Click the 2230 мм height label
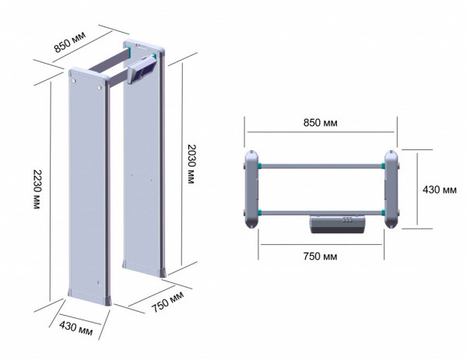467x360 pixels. click(37, 189)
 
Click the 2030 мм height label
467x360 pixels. click(191, 164)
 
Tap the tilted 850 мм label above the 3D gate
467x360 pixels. click(70, 41)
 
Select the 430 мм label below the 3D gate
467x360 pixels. click(75, 328)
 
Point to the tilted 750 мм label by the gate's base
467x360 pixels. click(167, 302)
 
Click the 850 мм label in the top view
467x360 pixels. click(321, 123)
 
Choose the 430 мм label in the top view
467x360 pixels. click(439, 190)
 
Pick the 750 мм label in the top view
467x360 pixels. click(320, 256)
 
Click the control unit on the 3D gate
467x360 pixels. click(142, 70)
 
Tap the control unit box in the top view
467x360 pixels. click(338, 225)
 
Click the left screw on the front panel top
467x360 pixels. click(73, 81)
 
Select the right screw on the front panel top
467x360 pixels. click(99, 87)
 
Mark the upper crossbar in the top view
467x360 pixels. click(321, 166)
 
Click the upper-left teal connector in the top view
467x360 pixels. click(260, 166)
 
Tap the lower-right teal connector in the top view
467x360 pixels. click(383, 213)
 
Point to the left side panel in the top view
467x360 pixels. click(251, 189)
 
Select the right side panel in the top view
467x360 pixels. click(391, 189)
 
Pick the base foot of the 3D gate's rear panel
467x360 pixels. click(144, 269)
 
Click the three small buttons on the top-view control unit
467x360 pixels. click(348, 220)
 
